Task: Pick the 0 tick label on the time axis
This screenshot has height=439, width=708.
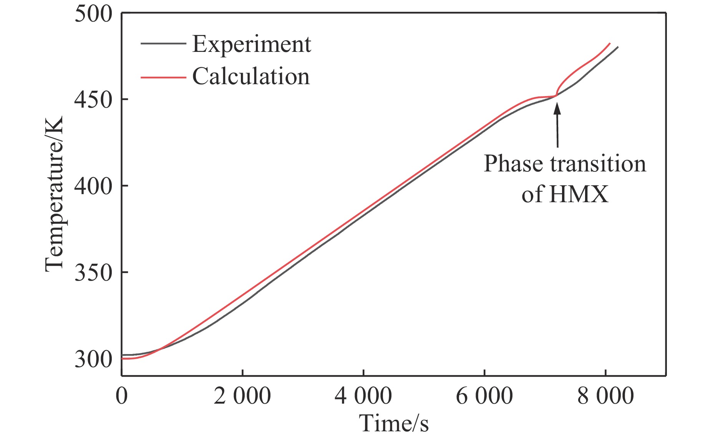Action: click(x=121, y=396)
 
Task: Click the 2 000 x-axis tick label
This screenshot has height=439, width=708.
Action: click(x=242, y=396)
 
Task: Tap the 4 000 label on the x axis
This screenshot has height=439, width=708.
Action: click(x=363, y=396)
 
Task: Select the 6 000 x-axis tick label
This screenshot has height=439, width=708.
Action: click(x=484, y=396)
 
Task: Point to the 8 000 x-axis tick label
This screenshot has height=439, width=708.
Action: click(x=605, y=396)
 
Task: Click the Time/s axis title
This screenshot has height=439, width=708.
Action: click(x=394, y=424)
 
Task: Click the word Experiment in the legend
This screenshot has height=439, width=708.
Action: click(x=252, y=45)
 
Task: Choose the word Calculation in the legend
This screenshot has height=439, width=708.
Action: click(x=251, y=76)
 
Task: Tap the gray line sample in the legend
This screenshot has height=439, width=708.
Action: click(x=163, y=43)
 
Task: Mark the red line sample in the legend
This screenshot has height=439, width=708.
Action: click(x=163, y=77)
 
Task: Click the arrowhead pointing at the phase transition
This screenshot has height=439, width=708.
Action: click(x=557, y=107)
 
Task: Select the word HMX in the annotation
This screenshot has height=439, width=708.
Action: click(x=579, y=194)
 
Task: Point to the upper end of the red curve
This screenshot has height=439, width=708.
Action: click(x=610, y=43)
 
